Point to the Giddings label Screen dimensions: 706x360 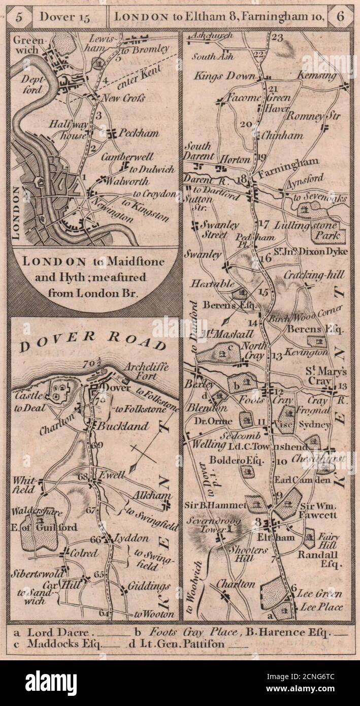[149, 587]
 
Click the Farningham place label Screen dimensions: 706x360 [289, 168]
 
